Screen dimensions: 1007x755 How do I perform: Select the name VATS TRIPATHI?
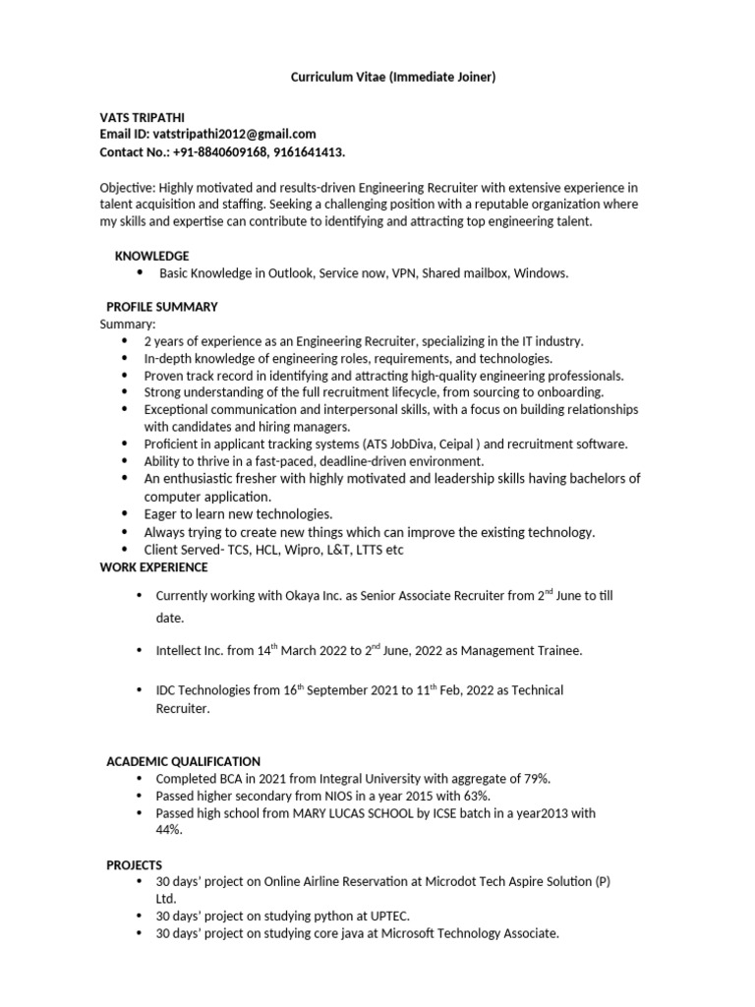coord(141,116)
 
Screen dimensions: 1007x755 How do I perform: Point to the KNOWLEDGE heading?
coord(151,256)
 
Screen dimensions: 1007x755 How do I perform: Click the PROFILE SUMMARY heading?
coord(161,307)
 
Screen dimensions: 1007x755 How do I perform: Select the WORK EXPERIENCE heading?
coord(153,567)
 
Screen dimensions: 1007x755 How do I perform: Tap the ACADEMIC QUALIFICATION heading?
coord(183,761)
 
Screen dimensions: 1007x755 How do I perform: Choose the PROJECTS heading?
coord(134,864)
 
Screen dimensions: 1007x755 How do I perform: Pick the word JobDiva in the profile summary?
coord(398,444)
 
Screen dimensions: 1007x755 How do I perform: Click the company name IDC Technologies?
coord(203,690)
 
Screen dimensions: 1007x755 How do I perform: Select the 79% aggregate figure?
coord(534,779)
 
